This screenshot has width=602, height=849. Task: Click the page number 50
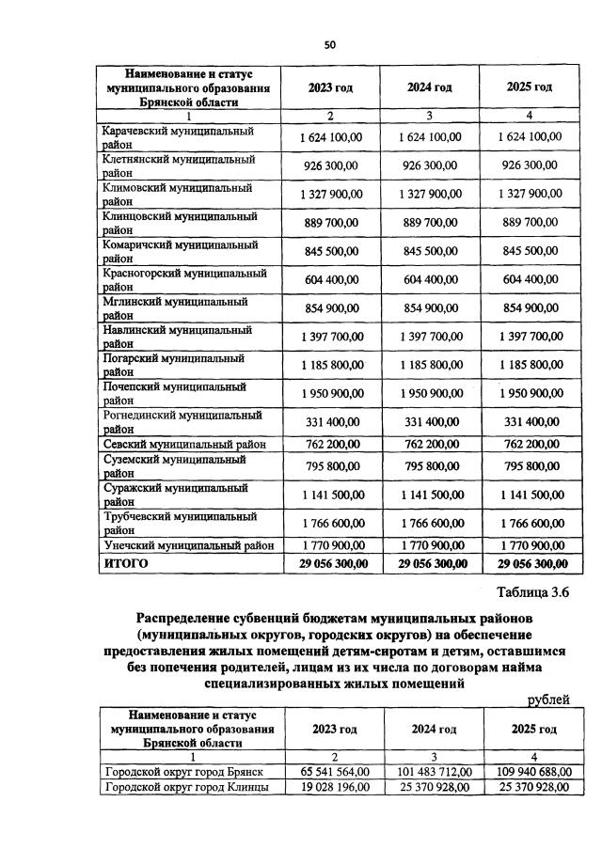pyautogui.click(x=329, y=43)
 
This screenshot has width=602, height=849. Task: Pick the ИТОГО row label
pyautogui.click(x=125, y=563)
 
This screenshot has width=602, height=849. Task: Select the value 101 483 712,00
pyautogui.click(x=433, y=771)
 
